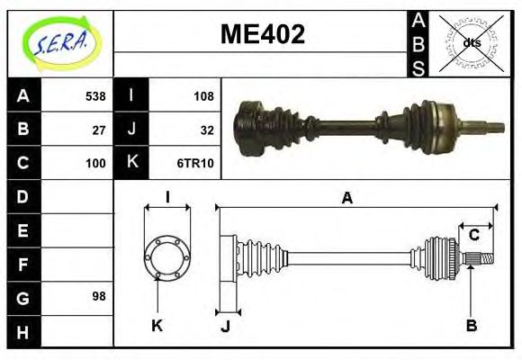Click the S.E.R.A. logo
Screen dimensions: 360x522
coord(59,41)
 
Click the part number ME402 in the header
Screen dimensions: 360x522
coord(263,34)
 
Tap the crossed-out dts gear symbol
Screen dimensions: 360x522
coord(472,42)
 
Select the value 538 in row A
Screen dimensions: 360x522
coord(95,95)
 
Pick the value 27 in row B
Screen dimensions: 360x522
coord(100,130)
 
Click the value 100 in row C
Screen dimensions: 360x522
coord(95,163)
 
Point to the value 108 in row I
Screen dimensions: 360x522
coord(203,95)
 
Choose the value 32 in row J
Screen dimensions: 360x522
coord(207,130)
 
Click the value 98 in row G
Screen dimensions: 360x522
coord(100,296)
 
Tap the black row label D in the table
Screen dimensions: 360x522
coord(22,196)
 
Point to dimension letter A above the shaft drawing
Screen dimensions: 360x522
coord(346,198)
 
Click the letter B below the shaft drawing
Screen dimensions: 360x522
coord(471,325)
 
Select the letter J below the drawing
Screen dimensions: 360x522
coord(225,327)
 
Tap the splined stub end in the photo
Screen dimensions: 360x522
coord(488,127)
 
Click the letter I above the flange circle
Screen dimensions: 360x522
coord(167,196)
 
